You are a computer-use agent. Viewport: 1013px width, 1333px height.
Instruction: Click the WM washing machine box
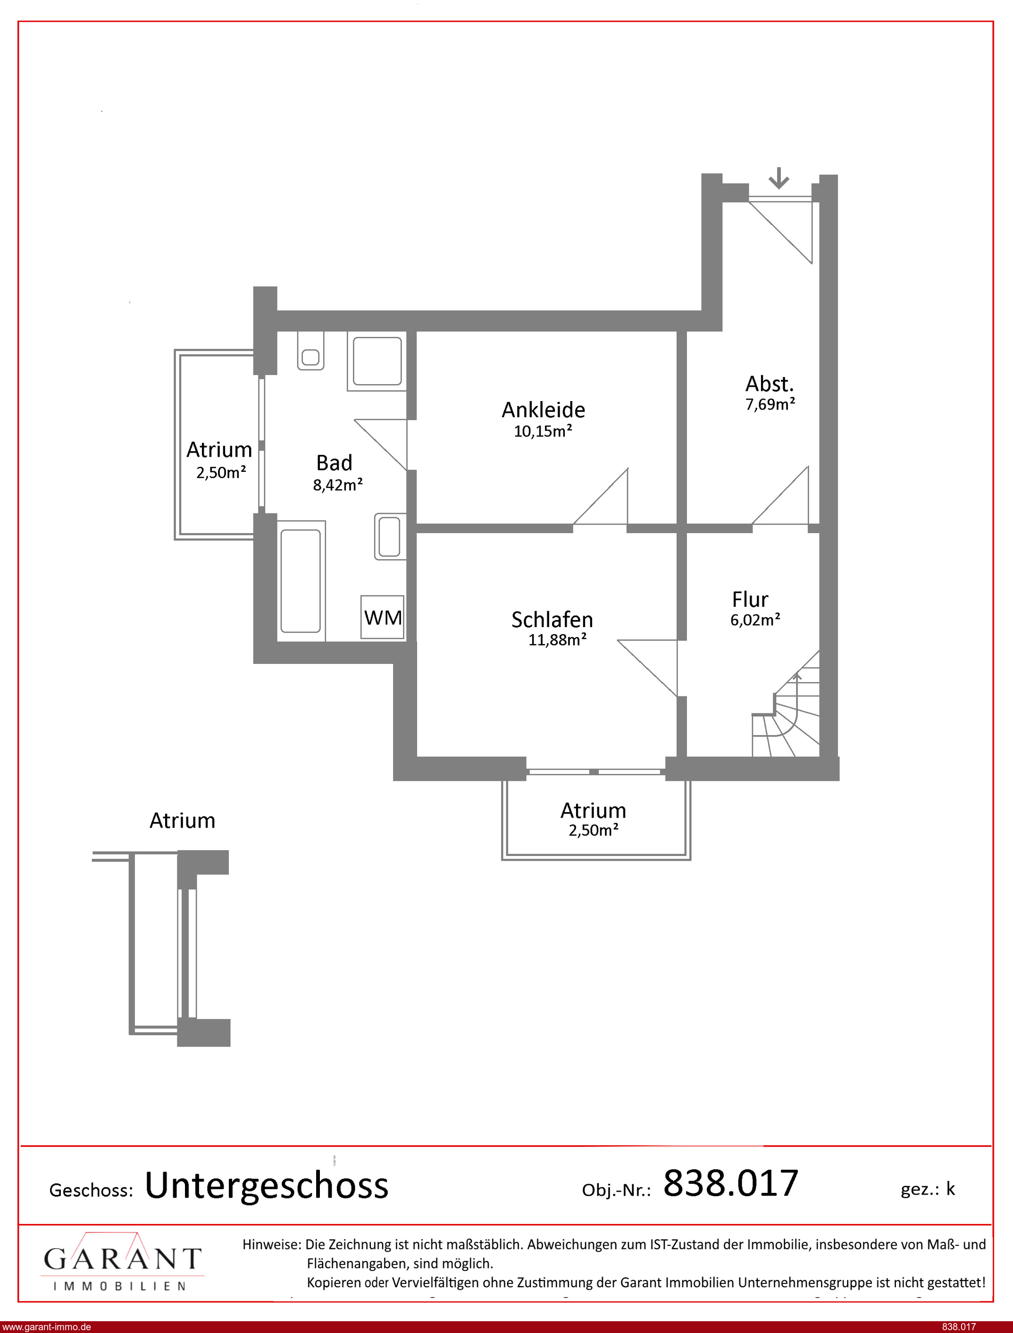(x=383, y=617)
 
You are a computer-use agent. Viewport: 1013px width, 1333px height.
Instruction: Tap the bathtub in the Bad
(x=301, y=580)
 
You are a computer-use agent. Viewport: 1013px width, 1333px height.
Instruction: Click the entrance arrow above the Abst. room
(x=779, y=178)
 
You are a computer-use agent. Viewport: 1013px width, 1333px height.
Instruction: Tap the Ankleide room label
(x=543, y=410)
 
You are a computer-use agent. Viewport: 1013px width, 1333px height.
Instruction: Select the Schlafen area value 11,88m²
(x=558, y=640)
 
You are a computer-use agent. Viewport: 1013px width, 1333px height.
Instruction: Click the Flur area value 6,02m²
(x=755, y=620)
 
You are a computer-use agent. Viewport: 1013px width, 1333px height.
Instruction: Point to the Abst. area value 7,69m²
(x=770, y=404)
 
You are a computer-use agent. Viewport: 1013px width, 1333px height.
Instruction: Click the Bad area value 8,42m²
(x=338, y=485)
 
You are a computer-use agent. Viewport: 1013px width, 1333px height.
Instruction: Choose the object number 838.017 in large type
(x=731, y=1183)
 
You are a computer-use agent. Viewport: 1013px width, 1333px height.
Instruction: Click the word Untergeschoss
(x=267, y=1185)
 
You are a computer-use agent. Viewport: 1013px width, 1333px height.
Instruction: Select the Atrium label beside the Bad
(x=219, y=450)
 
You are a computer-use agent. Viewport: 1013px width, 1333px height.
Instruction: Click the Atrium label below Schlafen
(x=594, y=810)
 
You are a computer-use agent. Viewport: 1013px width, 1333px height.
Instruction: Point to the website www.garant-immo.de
(x=46, y=1327)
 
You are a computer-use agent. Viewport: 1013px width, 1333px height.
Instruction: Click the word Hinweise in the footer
(x=271, y=1244)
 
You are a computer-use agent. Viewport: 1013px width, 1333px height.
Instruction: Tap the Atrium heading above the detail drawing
(x=182, y=821)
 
